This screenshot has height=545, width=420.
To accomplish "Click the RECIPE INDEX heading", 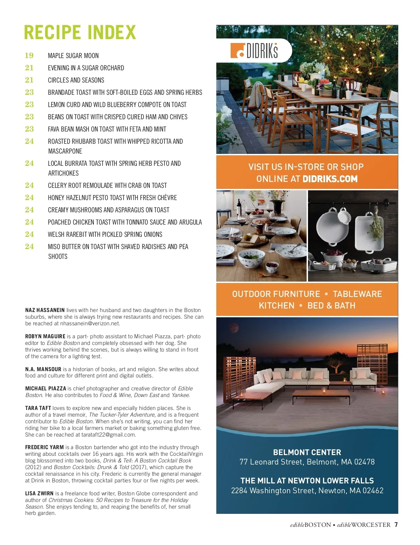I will click(x=80, y=33).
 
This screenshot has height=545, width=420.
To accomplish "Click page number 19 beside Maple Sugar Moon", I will click(x=29, y=56).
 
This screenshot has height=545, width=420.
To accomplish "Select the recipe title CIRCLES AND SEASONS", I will click(x=76, y=80).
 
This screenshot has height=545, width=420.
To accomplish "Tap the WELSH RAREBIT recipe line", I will click(x=105, y=234).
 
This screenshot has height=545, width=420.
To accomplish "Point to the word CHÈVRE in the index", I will click(x=167, y=198).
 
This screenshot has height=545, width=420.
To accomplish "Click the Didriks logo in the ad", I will click(x=254, y=51).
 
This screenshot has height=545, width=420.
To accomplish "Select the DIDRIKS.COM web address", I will click(x=330, y=179).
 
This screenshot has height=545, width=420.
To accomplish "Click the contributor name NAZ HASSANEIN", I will click(x=45, y=310).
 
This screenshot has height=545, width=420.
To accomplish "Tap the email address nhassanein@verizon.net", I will click(x=90, y=324).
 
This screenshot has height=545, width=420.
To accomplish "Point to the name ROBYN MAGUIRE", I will click(x=45, y=337).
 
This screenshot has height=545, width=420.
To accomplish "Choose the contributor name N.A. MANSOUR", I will click(x=43, y=369).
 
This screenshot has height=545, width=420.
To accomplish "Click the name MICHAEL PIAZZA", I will click(x=45, y=389).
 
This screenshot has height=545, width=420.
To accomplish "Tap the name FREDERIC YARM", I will click(x=44, y=447).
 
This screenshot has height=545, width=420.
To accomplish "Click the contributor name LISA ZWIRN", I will click(x=39, y=494).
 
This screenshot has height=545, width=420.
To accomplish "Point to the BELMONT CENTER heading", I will click(x=307, y=452).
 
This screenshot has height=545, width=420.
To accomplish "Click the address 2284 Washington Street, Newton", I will click(x=307, y=490).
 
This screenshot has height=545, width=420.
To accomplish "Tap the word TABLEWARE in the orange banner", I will click(x=357, y=294).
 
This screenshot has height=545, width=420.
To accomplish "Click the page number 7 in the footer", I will click(x=396, y=525).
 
